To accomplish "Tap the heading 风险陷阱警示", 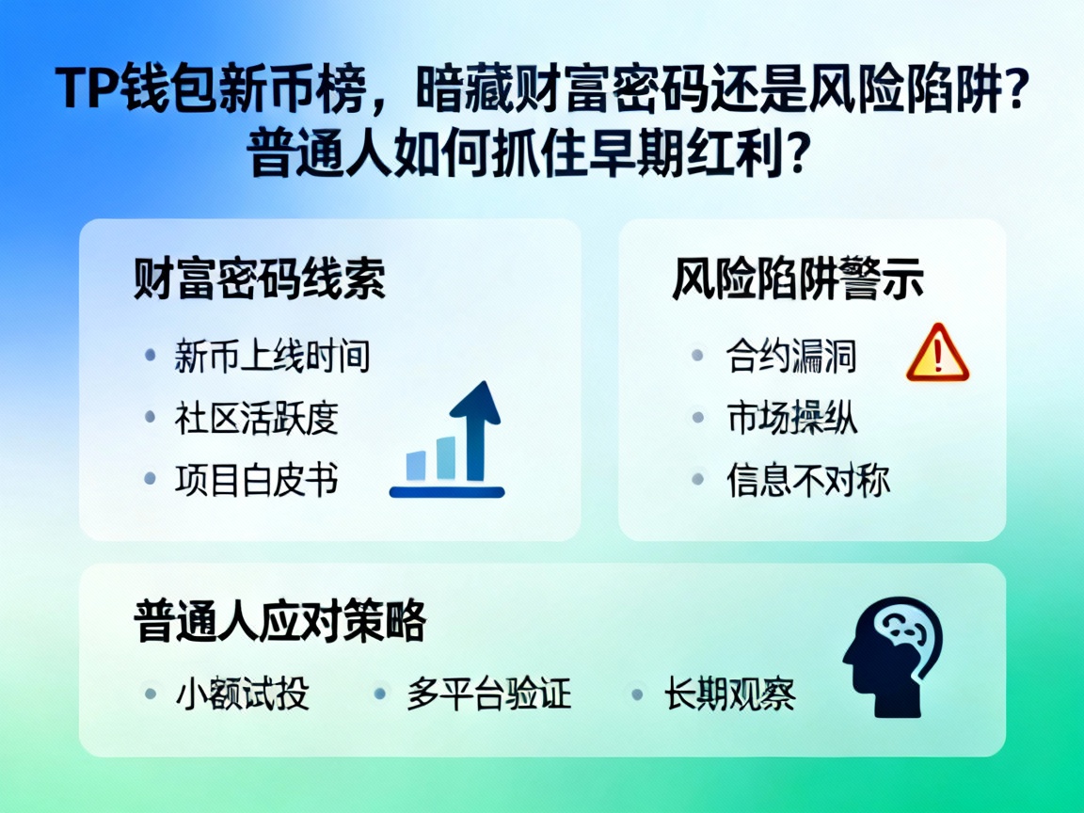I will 797,280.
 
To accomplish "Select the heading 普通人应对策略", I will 280,621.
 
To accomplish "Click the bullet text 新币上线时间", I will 272,357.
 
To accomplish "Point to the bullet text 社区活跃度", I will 256,418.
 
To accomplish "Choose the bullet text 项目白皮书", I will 256,479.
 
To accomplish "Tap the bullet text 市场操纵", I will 791,417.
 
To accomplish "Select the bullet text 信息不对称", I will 807,479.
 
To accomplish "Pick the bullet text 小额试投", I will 242,694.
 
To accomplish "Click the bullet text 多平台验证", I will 488,694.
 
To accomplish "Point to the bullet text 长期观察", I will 729,694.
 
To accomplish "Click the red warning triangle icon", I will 937,354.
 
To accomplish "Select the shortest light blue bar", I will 415,465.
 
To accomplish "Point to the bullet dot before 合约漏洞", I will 697,356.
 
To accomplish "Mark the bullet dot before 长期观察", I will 637,694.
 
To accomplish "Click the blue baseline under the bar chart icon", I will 447,491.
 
